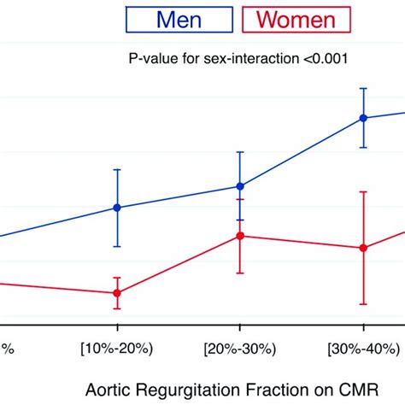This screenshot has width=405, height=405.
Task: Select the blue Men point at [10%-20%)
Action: (x=117, y=208)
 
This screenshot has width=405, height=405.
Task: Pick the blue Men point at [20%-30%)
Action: (x=240, y=186)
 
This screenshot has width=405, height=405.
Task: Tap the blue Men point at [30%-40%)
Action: (x=363, y=118)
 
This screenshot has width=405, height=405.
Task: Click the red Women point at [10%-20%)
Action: (x=117, y=293)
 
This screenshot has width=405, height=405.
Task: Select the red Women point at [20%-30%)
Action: (x=240, y=236)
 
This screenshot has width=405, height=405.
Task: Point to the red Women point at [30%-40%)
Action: (x=363, y=248)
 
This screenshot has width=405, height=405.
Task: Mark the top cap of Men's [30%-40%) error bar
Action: (x=363, y=88)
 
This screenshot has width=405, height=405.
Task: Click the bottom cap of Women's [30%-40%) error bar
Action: (x=363, y=304)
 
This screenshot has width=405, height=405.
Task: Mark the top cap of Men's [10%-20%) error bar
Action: (x=117, y=169)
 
